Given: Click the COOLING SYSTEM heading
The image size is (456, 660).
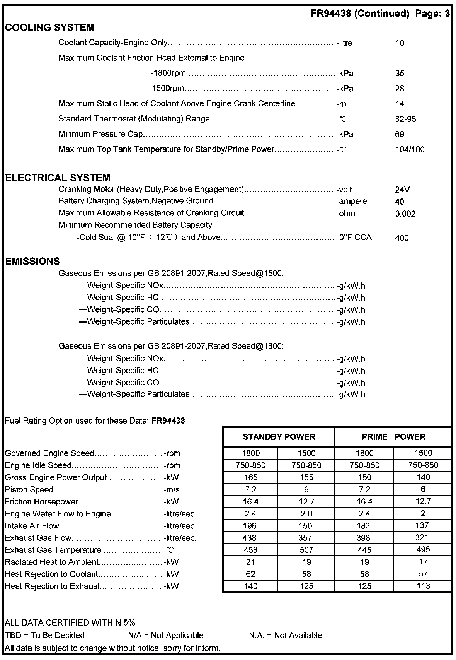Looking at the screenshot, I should (x=49, y=27).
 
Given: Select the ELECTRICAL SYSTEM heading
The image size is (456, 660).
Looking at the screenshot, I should (x=58, y=178).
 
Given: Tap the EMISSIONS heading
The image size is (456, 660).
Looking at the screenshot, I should (x=32, y=261).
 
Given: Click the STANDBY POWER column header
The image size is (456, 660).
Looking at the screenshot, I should (x=279, y=437).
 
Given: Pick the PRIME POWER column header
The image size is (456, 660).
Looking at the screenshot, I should (x=393, y=437).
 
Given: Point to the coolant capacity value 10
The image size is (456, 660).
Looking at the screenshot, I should (x=400, y=43).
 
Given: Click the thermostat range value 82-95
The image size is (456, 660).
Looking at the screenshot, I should (x=405, y=119).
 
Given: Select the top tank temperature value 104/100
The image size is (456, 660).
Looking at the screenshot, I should (x=410, y=150).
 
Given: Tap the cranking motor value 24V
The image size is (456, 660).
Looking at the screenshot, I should (x=402, y=190).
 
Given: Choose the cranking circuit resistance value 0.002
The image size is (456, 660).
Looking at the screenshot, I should (x=405, y=214).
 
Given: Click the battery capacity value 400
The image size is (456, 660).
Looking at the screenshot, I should (x=402, y=238).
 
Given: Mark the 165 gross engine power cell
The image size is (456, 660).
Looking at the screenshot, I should (x=250, y=477).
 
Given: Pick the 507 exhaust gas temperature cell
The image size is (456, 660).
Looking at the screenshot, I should (x=306, y=550).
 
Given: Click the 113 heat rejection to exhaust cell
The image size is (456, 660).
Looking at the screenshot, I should (x=423, y=586).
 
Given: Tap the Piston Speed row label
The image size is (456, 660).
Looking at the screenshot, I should (x=29, y=490).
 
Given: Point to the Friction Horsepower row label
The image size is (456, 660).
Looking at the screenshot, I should (x=41, y=502).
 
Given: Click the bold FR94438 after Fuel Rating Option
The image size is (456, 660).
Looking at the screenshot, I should (x=168, y=421).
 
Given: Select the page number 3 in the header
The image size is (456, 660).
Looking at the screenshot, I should (x=447, y=14).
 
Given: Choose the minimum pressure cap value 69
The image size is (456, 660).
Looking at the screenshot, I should (x=400, y=134).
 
